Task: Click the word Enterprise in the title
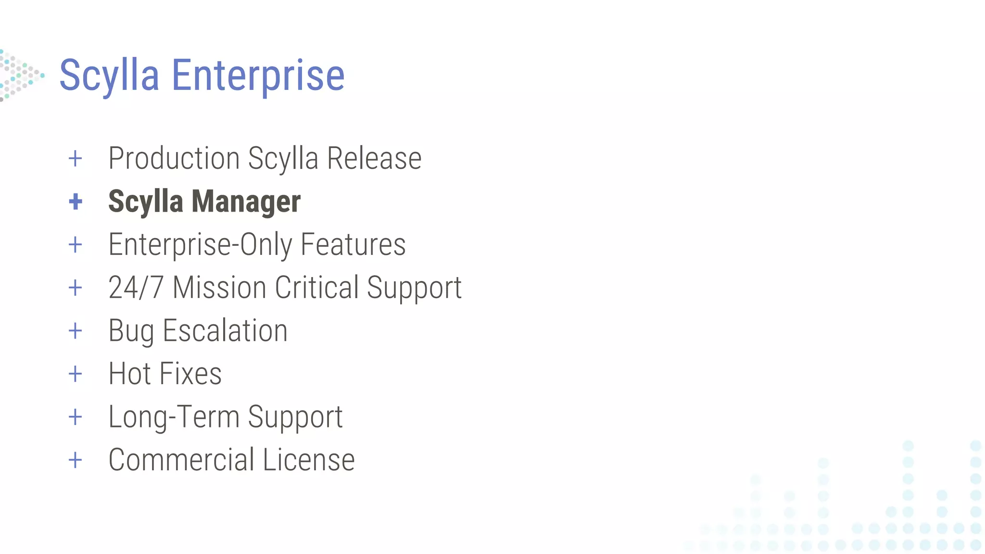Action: tap(258, 76)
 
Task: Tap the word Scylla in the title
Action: tap(109, 76)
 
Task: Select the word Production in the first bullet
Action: tap(174, 158)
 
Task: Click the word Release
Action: tap(374, 158)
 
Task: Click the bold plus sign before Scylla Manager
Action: tap(76, 201)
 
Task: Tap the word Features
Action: tap(353, 244)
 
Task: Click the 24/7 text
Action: tap(136, 288)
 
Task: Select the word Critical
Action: tap(316, 288)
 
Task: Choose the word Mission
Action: tap(219, 288)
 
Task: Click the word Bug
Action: tap(131, 331)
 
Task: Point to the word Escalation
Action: tap(225, 331)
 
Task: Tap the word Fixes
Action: tap(190, 374)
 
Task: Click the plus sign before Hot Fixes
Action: tap(76, 374)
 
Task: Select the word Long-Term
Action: tap(174, 416)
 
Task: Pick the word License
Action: tap(309, 460)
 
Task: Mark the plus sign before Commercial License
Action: tap(76, 460)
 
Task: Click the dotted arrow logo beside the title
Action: tap(20, 76)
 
